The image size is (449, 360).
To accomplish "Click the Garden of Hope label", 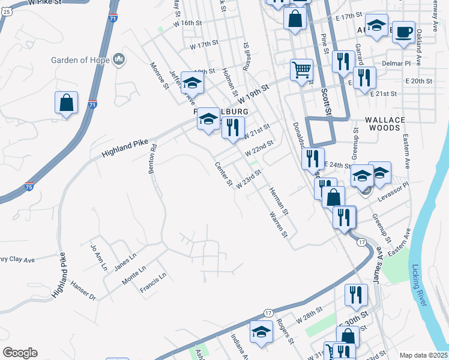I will point(80,60).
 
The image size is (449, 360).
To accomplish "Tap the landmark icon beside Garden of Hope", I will point(119,59).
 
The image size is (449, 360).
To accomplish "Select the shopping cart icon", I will point(301,69).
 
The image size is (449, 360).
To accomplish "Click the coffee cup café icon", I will point(403,31).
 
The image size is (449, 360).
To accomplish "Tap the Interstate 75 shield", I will point(29,185).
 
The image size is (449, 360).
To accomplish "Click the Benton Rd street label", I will point(152,159).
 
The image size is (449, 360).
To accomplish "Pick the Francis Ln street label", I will point(152,284).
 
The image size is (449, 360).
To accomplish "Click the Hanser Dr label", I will point(83,290).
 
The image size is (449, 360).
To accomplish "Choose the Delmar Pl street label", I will point(395,62).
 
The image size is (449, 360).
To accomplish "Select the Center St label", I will point(224,174).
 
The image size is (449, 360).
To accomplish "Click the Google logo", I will point(20,353).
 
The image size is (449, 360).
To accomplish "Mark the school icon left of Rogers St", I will point(261,333).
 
